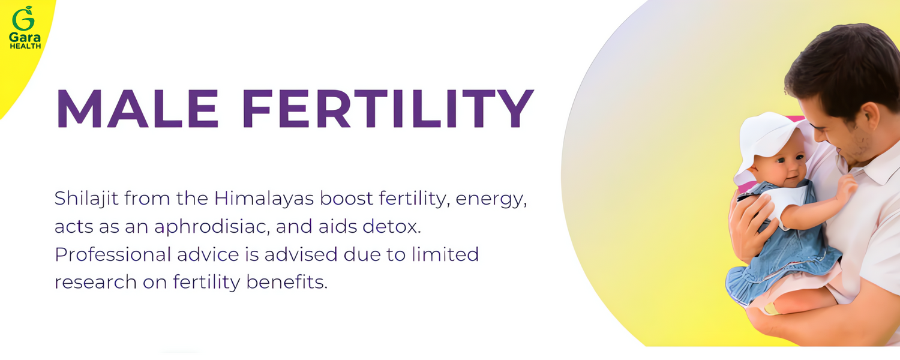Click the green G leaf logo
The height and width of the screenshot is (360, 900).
coord(23,19)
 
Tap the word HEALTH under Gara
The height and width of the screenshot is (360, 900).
coord(25,46)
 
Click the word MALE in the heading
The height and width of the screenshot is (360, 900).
coord(137,109)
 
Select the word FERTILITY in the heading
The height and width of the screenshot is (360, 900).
coord(388,109)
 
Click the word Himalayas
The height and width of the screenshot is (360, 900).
coord(263,198)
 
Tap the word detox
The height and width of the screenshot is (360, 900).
coord(391,227)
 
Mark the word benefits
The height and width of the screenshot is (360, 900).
coord(287,282)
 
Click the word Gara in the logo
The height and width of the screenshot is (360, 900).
coord(25,37)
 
